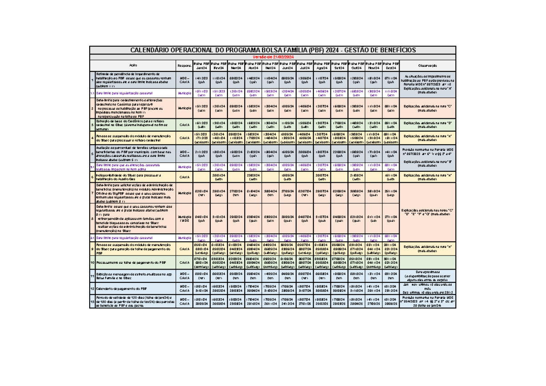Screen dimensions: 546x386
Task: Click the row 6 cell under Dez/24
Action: (x=390, y=177)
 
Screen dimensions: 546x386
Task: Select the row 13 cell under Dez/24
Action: (x=390, y=301)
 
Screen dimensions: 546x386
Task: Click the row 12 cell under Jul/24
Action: (x=304, y=289)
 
